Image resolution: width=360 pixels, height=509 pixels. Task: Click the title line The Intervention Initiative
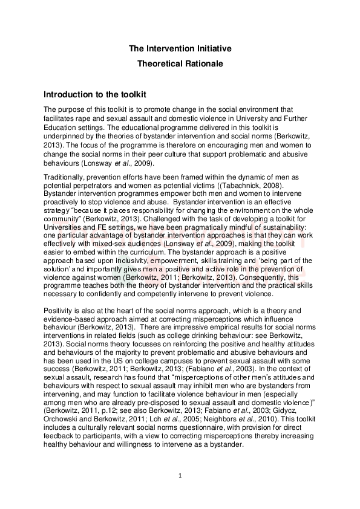[180, 48]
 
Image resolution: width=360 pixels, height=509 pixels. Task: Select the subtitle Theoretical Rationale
[180, 63]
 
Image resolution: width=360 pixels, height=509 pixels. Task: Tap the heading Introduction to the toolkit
[94, 96]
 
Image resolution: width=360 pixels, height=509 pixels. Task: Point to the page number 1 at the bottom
[180, 476]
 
